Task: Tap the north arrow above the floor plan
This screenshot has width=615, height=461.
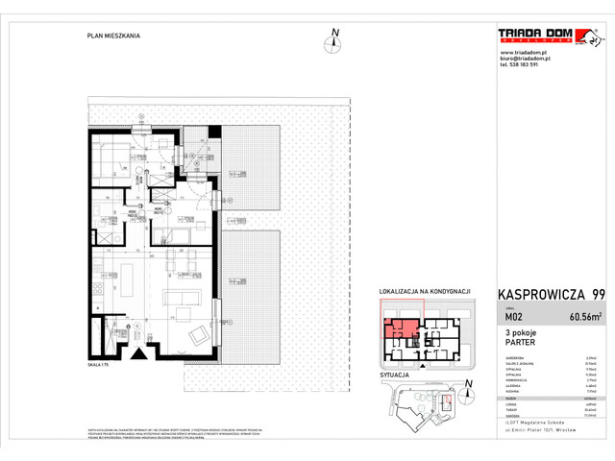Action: click(335, 38)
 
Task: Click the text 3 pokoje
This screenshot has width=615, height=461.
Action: click(522, 333)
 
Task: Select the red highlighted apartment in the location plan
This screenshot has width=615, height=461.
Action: click(401, 334)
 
